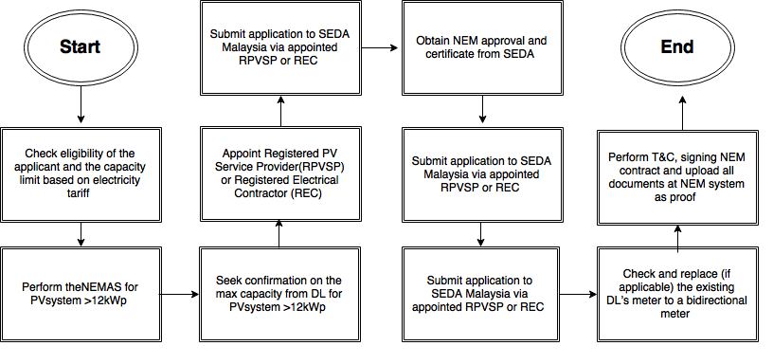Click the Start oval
click(81, 46)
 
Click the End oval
click(677, 46)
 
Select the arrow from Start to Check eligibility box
click(81, 106)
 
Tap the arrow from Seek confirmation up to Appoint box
click(279, 232)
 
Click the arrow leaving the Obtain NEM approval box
click(484, 109)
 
